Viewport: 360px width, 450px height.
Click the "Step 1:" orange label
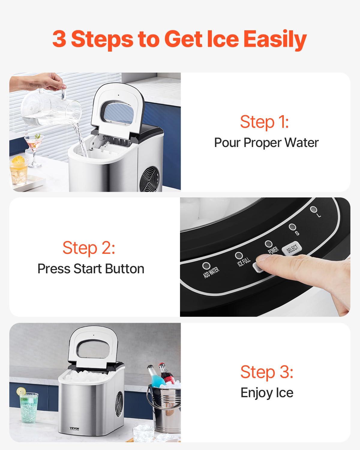pyautogui.click(x=264, y=122)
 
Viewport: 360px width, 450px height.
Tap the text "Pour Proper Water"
pyautogui.click(x=266, y=142)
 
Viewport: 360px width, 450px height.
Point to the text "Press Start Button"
pyautogui.click(x=91, y=268)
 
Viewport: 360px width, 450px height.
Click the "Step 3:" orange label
pyautogui.click(x=267, y=372)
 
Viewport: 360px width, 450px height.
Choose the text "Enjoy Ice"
pyautogui.click(x=267, y=392)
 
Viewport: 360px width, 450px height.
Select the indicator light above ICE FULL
pyautogui.click(x=239, y=255)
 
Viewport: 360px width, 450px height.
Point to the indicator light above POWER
pyautogui.click(x=268, y=244)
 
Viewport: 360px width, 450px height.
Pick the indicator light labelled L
pyautogui.click(x=313, y=209)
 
